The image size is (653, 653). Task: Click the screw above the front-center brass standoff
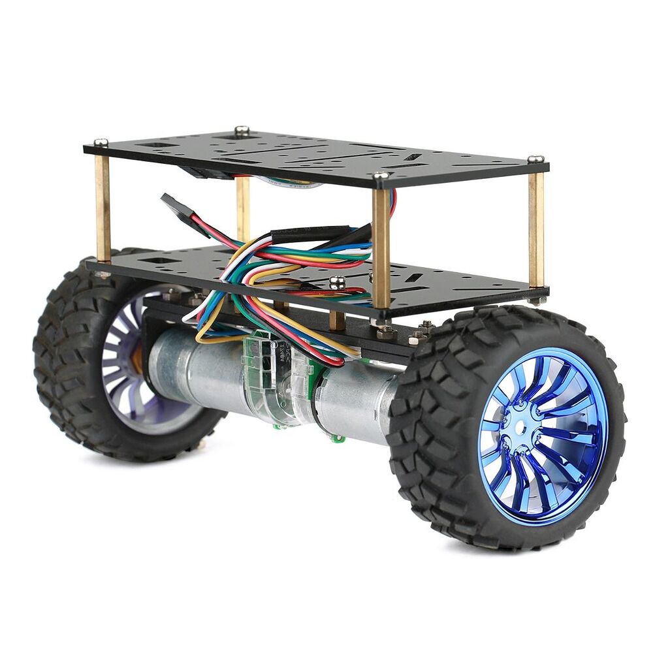[381, 174]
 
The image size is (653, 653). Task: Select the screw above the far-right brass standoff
[535, 158]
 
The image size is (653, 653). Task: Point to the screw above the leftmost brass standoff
[101, 142]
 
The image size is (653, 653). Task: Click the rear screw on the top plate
[242, 130]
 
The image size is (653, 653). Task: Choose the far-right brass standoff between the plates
[536, 229]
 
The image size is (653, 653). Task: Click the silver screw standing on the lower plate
[337, 283]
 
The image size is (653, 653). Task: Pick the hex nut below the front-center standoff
[385, 332]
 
